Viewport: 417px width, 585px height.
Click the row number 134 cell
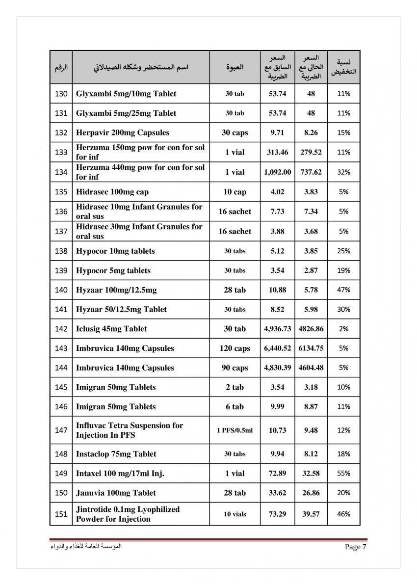click(x=61, y=172)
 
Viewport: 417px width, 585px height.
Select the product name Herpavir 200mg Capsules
click(x=122, y=133)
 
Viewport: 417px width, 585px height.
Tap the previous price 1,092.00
click(x=277, y=172)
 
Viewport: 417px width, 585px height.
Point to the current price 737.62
click(x=311, y=172)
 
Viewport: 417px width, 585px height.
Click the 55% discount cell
click(x=344, y=474)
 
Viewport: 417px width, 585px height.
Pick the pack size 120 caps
click(x=235, y=348)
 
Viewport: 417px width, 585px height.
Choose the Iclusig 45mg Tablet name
click(x=111, y=329)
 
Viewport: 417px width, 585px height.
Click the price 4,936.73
click(x=277, y=329)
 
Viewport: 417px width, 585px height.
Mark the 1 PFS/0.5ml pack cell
click(x=235, y=430)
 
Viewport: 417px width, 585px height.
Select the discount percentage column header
click(x=344, y=67)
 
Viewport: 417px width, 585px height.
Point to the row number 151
click(x=61, y=514)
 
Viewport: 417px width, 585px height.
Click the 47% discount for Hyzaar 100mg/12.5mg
click(x=344, y=290)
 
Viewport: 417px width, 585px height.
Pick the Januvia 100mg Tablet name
click(x=116, y=493)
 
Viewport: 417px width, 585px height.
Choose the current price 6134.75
click(x=311, y=348)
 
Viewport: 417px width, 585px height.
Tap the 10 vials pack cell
click(x=235, y=514)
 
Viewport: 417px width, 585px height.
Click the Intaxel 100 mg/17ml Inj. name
click(x=120, y=474)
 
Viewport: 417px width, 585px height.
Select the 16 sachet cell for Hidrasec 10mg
click(x=235, y=212)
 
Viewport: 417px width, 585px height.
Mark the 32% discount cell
click(x=344, y=172)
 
